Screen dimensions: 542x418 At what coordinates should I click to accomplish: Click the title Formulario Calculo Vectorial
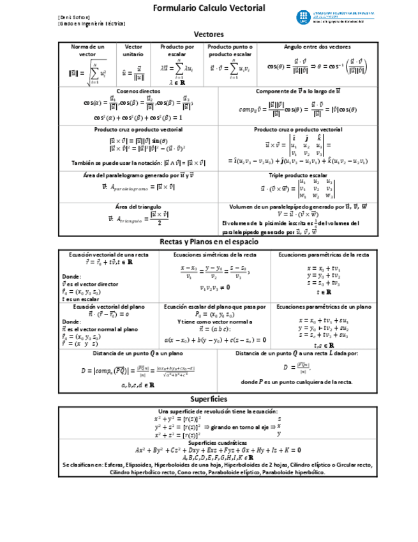[x=209, y=8]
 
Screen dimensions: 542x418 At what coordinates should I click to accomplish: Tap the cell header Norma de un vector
[x=87, y=50]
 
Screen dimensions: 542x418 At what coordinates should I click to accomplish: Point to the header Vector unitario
[x=133, y=50]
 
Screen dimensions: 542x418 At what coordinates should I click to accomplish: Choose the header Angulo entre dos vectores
[x=317, y=47]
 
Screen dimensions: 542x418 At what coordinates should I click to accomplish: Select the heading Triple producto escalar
[x=298, y=174]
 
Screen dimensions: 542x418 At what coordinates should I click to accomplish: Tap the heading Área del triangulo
[x=138, y=206]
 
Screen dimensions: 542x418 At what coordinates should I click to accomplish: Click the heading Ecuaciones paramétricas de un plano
[x=324, y=307]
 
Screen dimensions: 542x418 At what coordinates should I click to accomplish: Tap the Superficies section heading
[x=209, y=399]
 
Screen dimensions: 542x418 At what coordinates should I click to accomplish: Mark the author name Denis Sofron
[x=74, y=17]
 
